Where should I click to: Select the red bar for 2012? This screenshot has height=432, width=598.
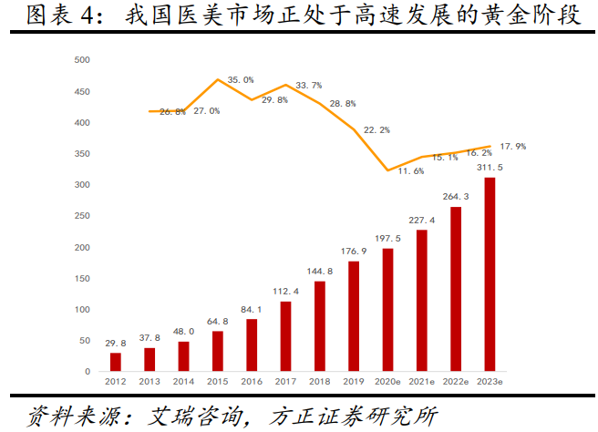click(x=116, y=362)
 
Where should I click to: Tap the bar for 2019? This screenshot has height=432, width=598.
click(x=355, y=316)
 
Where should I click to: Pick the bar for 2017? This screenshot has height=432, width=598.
click(x=286, y=336)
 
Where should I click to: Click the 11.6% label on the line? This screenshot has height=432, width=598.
click(x=411, y=170)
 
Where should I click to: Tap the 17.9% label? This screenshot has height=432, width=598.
click(x=512, y=146)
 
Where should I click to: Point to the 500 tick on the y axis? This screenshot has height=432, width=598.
click(x=82, y=60)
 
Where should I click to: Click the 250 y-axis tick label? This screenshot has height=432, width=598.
click(x=82, y=216)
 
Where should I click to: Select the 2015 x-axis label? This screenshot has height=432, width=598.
click(x=218, y=382)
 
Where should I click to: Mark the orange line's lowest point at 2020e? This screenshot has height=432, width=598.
click(x=388, y=170)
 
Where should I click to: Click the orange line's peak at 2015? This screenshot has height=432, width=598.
click(x=218, y=79)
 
